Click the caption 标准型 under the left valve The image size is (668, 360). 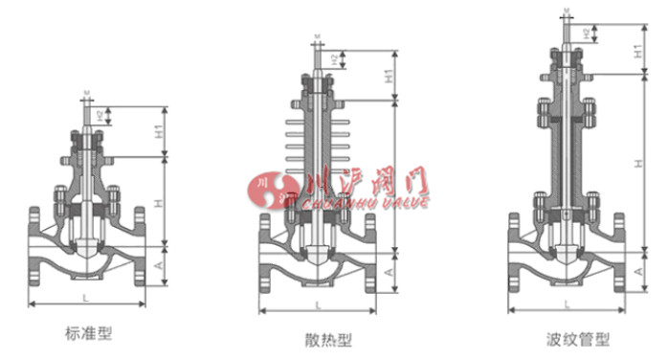(x=88, y=333)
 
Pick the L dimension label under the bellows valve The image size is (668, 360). (x=567, y=304)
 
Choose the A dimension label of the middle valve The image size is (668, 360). (x=390, y=273)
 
